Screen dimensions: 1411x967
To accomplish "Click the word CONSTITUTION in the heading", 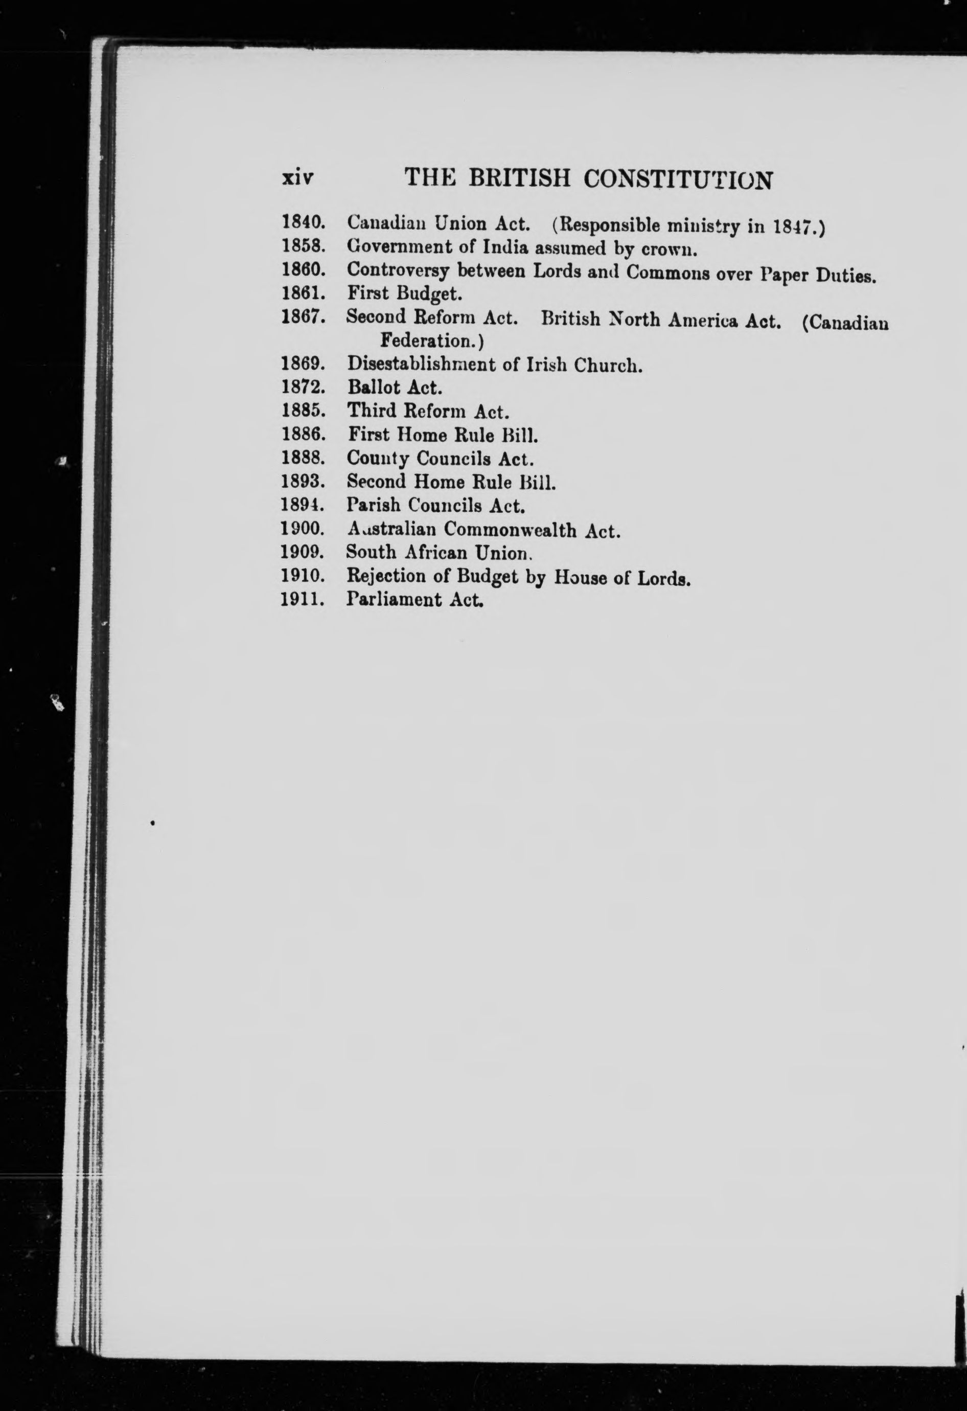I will point(678,180).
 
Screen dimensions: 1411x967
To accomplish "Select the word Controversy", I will point(397,271).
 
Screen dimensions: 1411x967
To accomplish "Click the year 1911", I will point(302,600).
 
